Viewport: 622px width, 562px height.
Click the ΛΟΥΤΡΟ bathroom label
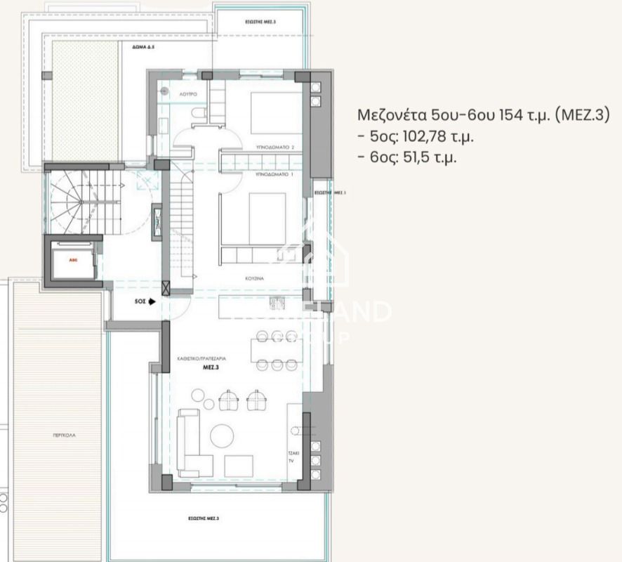(x=189, y=93)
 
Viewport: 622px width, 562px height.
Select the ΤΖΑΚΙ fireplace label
(x=294, y=454)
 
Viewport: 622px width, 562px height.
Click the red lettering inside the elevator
(x=72, y=259)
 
